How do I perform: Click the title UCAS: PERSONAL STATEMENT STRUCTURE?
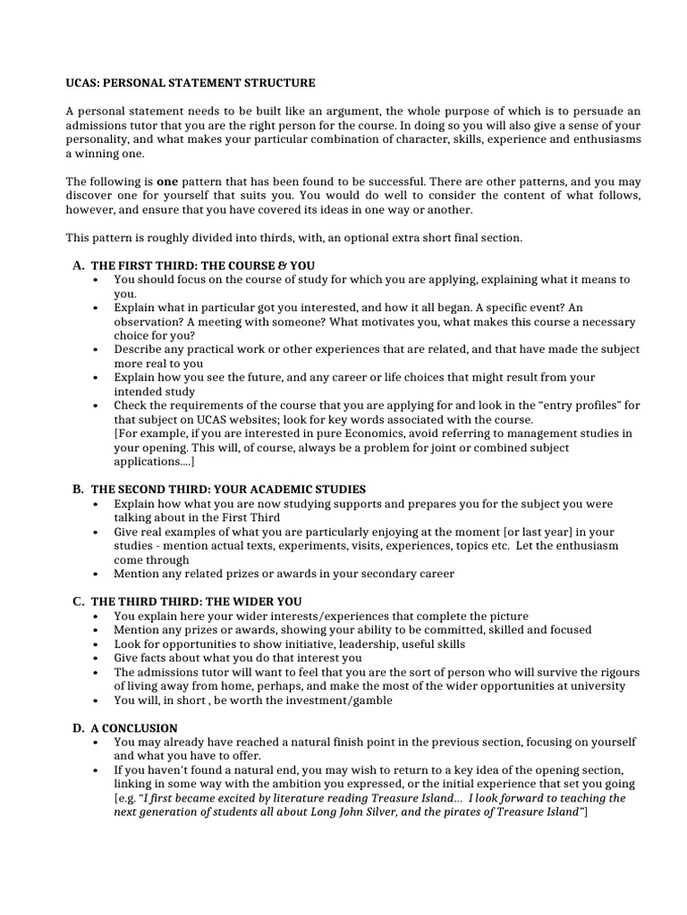click(190, 83)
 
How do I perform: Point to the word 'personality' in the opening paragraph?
click(97, 140)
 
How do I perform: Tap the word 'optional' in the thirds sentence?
click(377, 238)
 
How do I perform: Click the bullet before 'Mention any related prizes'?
click(96, 575)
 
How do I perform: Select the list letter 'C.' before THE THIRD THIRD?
click(79, 601)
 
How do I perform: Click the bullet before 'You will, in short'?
click(96, 701)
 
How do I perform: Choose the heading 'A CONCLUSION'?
click(134, 728)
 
